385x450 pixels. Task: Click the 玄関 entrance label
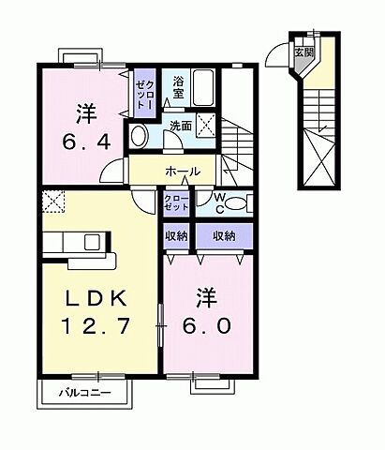tap(304, 52)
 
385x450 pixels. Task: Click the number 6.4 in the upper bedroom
tap(84, 145)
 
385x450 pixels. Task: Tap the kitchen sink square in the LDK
tap(93, 242)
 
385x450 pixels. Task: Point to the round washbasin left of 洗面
tap(139, 137)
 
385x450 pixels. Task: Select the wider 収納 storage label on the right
tap(223, 236)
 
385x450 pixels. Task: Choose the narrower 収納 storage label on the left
tap(177, 236)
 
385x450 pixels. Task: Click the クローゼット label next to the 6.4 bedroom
tap(141, 91)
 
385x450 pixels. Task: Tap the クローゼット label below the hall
tap(174, 203)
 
